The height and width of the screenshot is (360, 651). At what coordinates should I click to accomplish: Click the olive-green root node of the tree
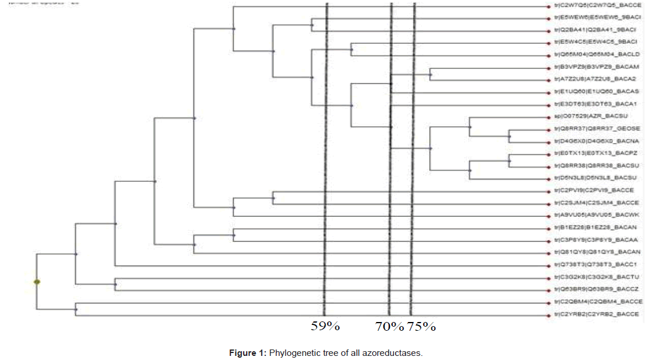[37, 282]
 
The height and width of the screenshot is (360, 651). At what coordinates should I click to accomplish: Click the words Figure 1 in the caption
[245, 353]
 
